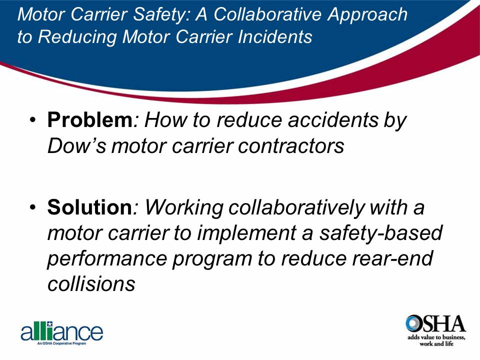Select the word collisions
[91, 284]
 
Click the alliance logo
[61, 333]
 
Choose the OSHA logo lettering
[435, 324]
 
